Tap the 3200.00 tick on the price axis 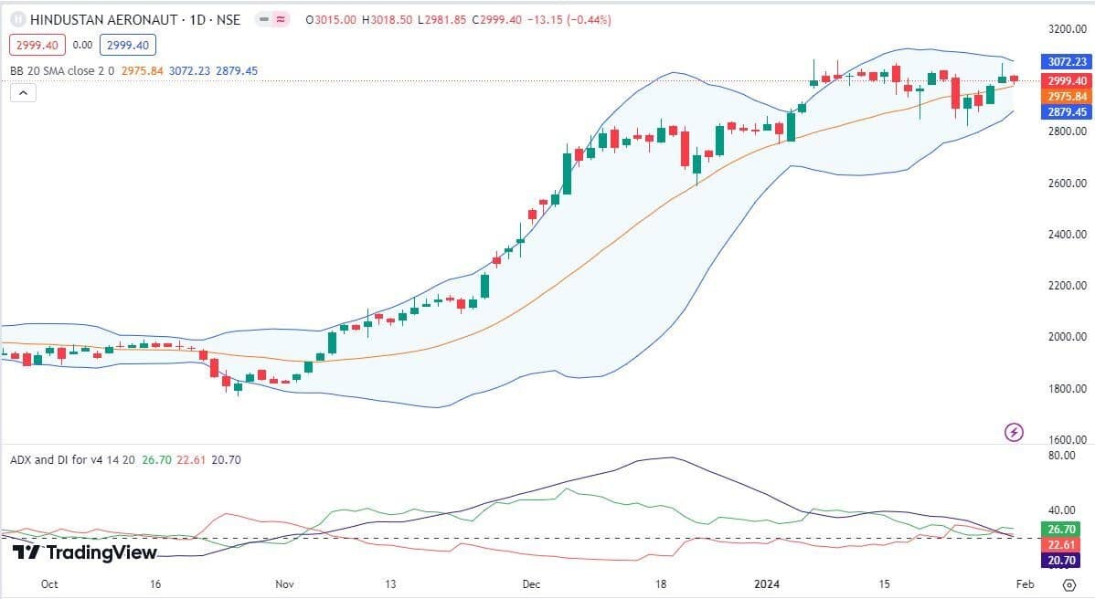(x=1067, y=29)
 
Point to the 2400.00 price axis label (x=1067, y=235)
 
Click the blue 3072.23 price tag (x=1066, y=62)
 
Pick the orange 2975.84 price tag (x=1066, y=97)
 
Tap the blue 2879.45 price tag (x=1066, y=112)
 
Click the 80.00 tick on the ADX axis (x=1061, y=455)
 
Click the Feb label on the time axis (x=1025, y=583)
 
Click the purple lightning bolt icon (x=1014, y=432)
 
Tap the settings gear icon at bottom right (x=1068, y=583)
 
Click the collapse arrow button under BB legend (x=23, y=92)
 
